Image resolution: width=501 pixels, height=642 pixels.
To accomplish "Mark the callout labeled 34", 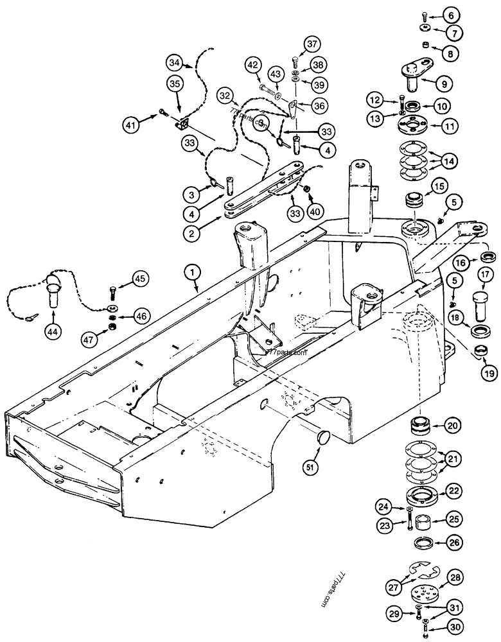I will pos(175,63).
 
